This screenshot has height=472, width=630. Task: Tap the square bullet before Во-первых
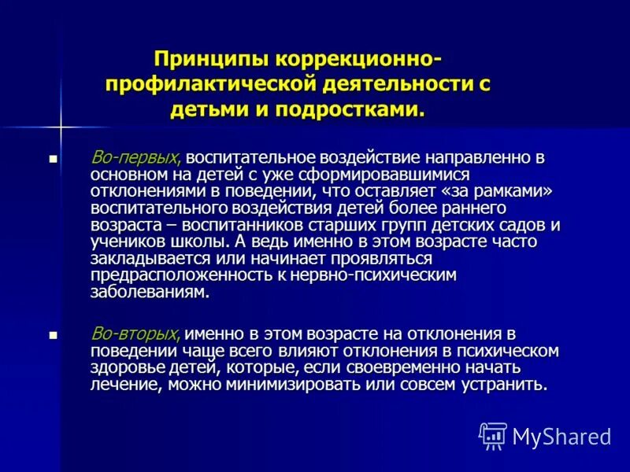54,158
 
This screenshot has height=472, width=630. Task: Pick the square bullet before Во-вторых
54,335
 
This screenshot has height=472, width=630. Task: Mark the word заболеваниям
150,293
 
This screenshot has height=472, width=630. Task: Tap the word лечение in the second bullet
124,385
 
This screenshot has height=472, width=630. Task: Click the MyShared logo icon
493,436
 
